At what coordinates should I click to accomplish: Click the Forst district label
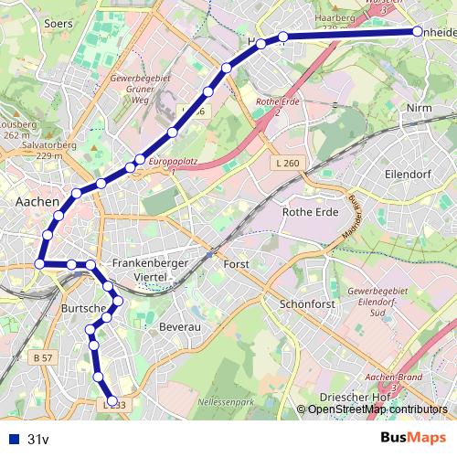click(236, 264)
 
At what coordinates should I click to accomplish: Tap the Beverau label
click(178, 325)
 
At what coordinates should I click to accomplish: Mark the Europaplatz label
click(174, 161)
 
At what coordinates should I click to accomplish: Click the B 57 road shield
click(42, 357)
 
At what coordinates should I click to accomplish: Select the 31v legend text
click(37, 439)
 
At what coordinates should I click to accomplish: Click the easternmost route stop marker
click(418, 31)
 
